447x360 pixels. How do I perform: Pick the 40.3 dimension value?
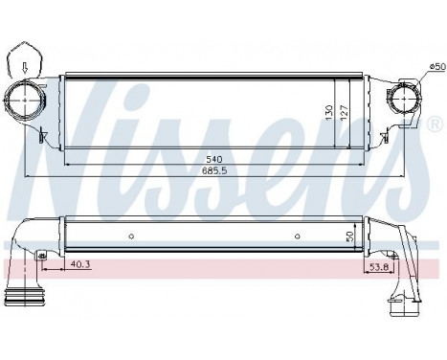[x=78, y=264]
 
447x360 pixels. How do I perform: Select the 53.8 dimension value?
[x=378, y=267]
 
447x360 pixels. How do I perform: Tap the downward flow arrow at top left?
[x=24, y=67]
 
